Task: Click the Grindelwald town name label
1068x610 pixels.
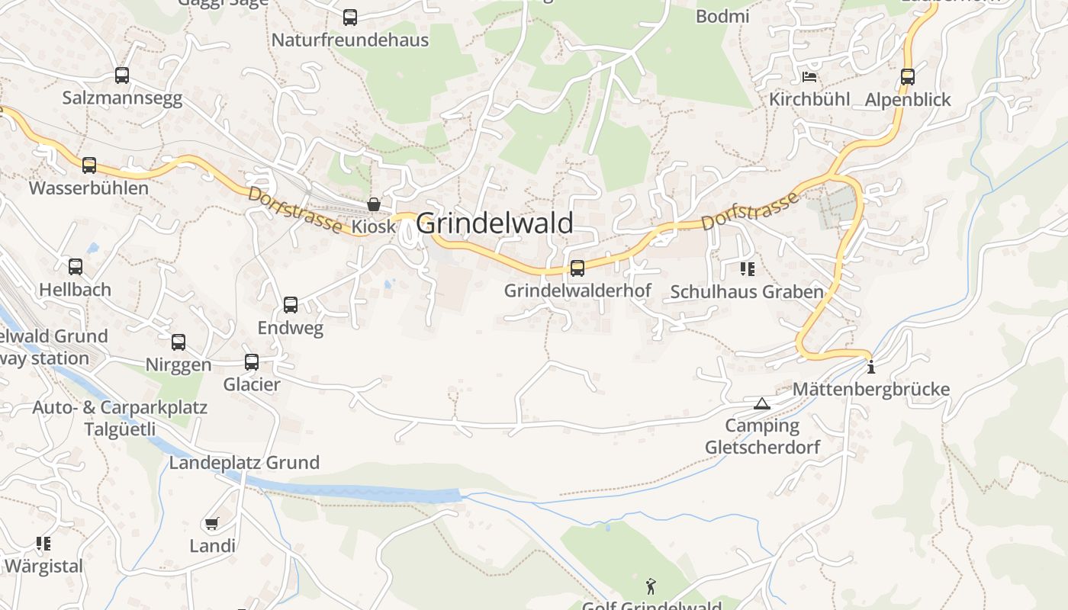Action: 494,223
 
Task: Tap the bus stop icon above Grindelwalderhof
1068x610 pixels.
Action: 577,268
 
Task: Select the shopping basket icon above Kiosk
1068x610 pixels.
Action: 374,204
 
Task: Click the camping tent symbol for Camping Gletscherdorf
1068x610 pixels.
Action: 761,403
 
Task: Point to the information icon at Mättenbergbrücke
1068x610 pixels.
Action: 871,368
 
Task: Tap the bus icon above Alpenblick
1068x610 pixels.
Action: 907,77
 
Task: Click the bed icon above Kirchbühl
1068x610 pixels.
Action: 809,77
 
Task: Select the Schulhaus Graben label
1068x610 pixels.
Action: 746,291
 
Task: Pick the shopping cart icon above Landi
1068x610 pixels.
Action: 212,523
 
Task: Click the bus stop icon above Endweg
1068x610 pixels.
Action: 291,305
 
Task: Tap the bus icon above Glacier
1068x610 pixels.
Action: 252,362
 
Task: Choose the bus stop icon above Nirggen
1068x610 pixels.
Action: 179,342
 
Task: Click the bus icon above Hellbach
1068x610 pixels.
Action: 76,267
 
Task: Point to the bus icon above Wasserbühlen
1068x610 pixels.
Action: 89,165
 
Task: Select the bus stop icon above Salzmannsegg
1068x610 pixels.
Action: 122,75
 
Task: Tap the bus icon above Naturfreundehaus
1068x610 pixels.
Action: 350,18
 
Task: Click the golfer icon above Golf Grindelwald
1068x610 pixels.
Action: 651,586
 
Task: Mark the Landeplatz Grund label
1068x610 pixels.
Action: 244,463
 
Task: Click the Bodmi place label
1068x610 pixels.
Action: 722,16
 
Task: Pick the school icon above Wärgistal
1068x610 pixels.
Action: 43,544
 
